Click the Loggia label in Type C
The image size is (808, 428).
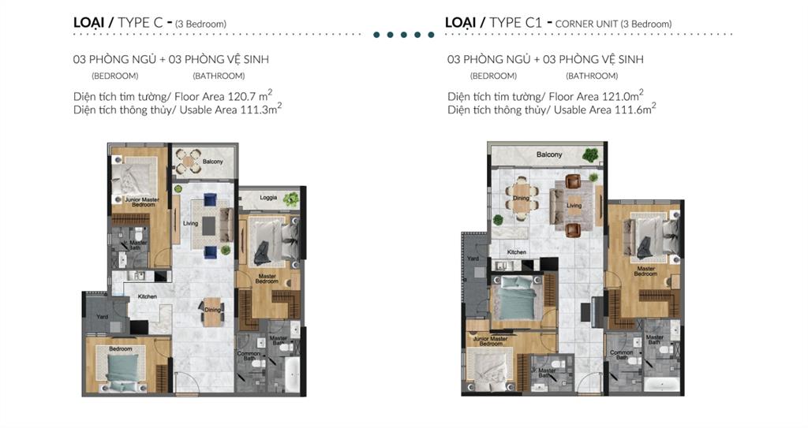click(x=268, y=197)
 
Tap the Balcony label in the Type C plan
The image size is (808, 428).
click(x=212, y=162)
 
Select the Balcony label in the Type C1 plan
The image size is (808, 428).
click(x=549, y=154)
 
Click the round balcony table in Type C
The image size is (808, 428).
click(x=188, y=162)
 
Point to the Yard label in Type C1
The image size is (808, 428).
click(x=473, y=258)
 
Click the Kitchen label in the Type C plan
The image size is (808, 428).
click(x=148, y=296)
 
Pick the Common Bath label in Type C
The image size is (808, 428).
click(x=249, y=357)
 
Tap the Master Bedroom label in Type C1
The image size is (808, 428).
click(x=646, y=272)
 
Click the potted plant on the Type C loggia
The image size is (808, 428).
click(x=292, y=199)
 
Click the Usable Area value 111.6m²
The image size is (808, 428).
click(x=634, y=110)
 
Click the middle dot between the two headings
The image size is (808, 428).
click(x=403, y=35)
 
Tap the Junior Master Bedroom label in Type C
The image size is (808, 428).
click(x=141, y=202)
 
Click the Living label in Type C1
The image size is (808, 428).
click(x=574, y=206)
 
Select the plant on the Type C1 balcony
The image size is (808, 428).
click(x=590, y=155)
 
